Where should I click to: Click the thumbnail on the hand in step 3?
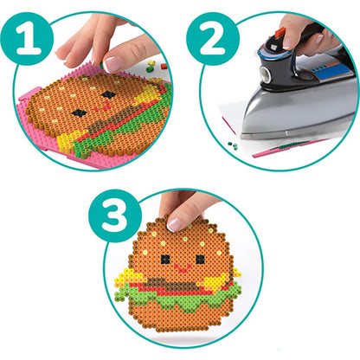(175, 224)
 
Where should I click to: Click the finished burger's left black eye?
(164, 258)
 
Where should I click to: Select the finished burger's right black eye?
(200, 258)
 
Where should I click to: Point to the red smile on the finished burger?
(182, 269)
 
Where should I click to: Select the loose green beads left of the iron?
(231, 147)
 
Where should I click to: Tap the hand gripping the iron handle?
(312, 35)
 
